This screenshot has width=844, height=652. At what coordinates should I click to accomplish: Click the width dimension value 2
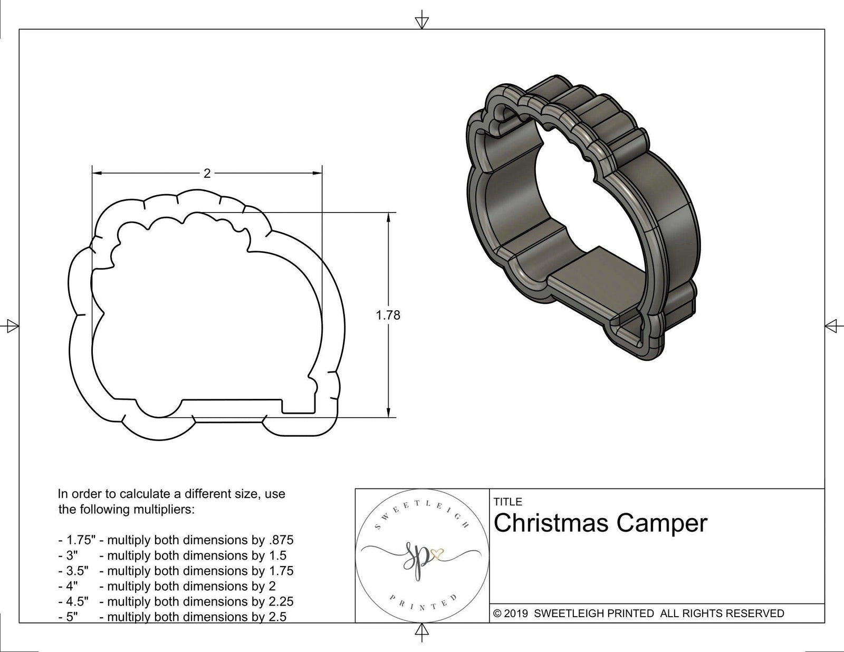[x=207, y=174]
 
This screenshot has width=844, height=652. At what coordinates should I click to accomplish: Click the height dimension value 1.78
[x=388, y=315]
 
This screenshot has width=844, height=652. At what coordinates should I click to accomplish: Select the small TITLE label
[x=507, y=502]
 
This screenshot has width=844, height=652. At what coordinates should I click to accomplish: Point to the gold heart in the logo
[x=437, y=553]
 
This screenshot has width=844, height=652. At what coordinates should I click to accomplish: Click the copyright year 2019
[x=517, y=613]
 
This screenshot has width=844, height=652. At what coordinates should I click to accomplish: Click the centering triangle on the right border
[x=832, y=325]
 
